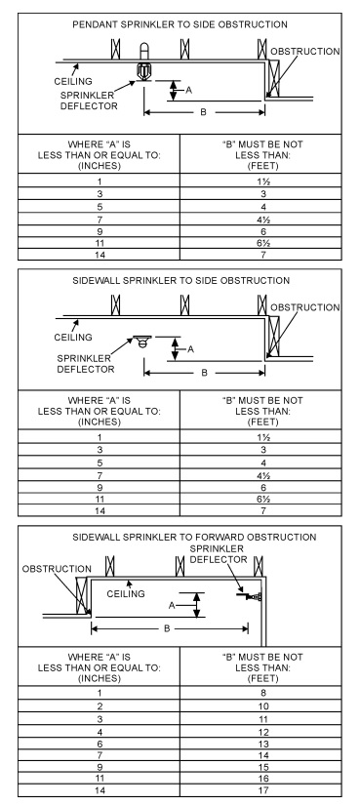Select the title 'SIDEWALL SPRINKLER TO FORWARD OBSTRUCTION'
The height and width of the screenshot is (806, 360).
tap(180, 538)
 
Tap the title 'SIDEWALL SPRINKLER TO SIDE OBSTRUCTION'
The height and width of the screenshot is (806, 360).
tap(180, 281)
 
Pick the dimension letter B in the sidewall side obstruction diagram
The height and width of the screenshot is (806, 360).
tap(203, 372)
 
